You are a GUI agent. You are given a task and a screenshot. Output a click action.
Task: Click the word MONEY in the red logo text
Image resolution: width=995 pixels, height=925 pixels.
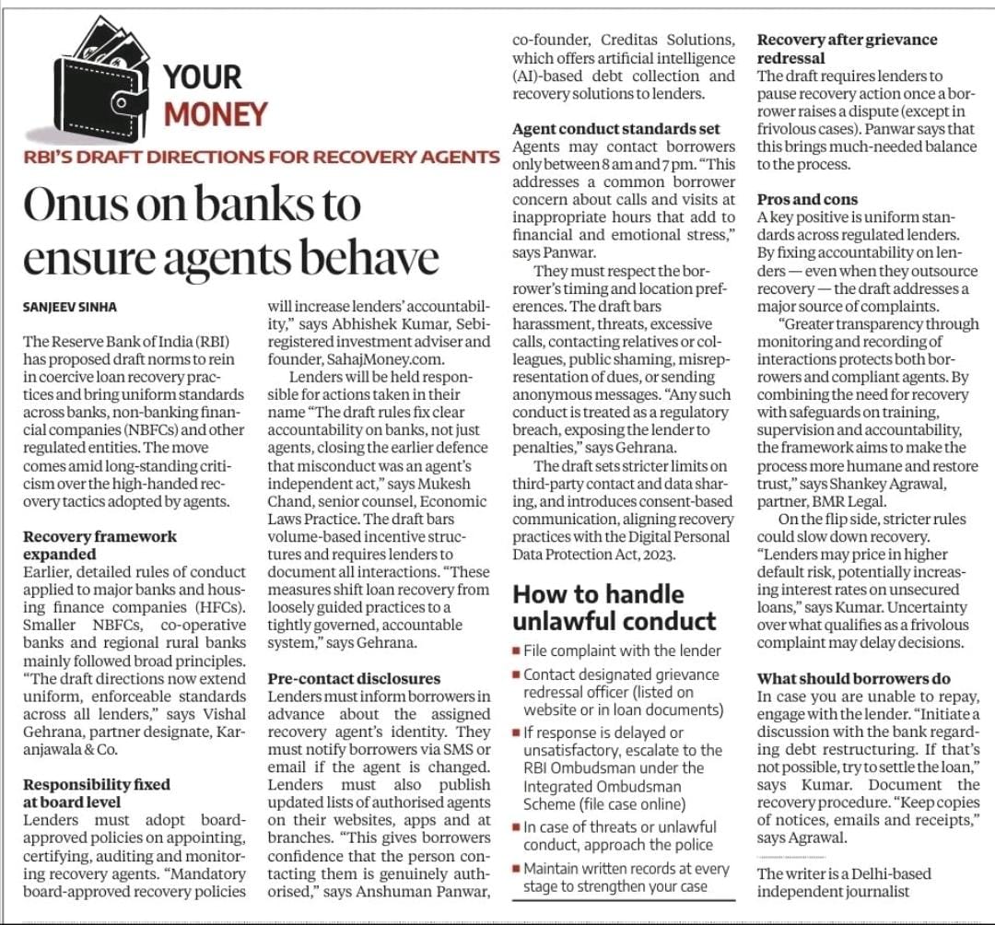(216, 113)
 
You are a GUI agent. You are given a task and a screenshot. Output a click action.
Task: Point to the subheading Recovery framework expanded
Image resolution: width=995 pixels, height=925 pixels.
(99, 545)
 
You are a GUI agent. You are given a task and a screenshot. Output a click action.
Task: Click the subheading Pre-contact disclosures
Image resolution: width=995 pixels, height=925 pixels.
(354, 679)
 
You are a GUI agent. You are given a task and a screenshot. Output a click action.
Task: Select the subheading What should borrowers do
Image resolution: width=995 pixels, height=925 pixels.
(853, 679)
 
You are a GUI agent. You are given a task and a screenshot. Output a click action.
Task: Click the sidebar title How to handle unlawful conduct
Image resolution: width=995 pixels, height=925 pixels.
(614, 606)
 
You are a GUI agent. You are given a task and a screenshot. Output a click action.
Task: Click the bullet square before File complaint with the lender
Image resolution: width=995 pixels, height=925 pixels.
(518, 650)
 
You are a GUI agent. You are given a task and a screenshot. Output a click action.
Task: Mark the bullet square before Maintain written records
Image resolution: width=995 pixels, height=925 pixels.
(518, 868)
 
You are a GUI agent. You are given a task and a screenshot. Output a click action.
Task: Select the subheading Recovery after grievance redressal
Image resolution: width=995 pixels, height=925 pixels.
(847, 49)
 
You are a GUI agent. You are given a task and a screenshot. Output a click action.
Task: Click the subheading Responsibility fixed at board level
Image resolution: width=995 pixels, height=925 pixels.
(97, 793)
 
